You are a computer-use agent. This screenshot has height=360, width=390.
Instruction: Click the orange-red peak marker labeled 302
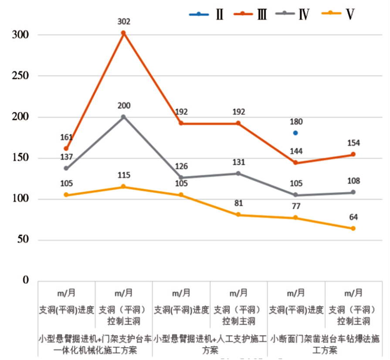click(123, 33)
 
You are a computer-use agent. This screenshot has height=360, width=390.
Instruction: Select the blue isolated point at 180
click(295, 133)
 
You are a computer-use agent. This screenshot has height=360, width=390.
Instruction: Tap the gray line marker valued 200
click(123, 117)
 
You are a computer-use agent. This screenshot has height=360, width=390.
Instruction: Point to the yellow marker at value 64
click(353, 228)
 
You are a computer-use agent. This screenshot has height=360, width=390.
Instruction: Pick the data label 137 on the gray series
click(66, 158)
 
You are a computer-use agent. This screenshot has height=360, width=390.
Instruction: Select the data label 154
click(353, 143)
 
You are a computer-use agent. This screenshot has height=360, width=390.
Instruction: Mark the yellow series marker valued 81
click(238, 215)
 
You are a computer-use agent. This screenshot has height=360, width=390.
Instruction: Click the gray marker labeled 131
click(238, 173)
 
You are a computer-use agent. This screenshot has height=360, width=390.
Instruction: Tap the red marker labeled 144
click(295, 163)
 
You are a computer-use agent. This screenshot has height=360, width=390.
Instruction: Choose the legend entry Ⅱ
click(207, 14)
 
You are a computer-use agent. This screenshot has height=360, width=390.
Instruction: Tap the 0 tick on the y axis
click(25, 280)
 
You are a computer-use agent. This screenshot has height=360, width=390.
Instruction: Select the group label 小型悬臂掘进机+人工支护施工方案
click(210, 344)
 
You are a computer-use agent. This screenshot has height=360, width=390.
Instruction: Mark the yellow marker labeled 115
click(123, 187)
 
